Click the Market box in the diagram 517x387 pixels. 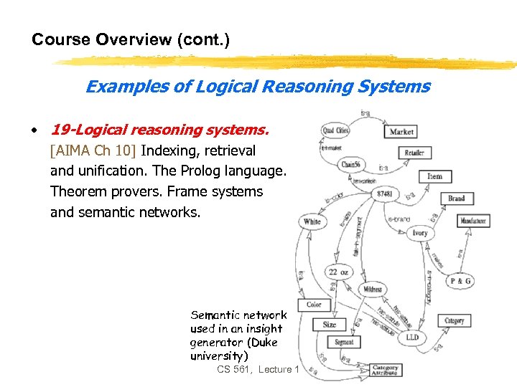point(402,132)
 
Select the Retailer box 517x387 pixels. point(414,153)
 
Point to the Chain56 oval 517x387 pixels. point(350,164)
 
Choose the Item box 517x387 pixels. point(434,176)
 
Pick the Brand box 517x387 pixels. point(456,199)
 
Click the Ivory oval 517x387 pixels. point(419,233)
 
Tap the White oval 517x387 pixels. point(312,221)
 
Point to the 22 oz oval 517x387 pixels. point(339,272)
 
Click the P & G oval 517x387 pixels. point(460,281)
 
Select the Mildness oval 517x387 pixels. point(372,290)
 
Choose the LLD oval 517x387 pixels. point(412,336)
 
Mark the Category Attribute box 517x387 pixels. point(385,370)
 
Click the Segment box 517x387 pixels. point(344,343)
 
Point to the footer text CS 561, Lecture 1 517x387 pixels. point(255,369)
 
